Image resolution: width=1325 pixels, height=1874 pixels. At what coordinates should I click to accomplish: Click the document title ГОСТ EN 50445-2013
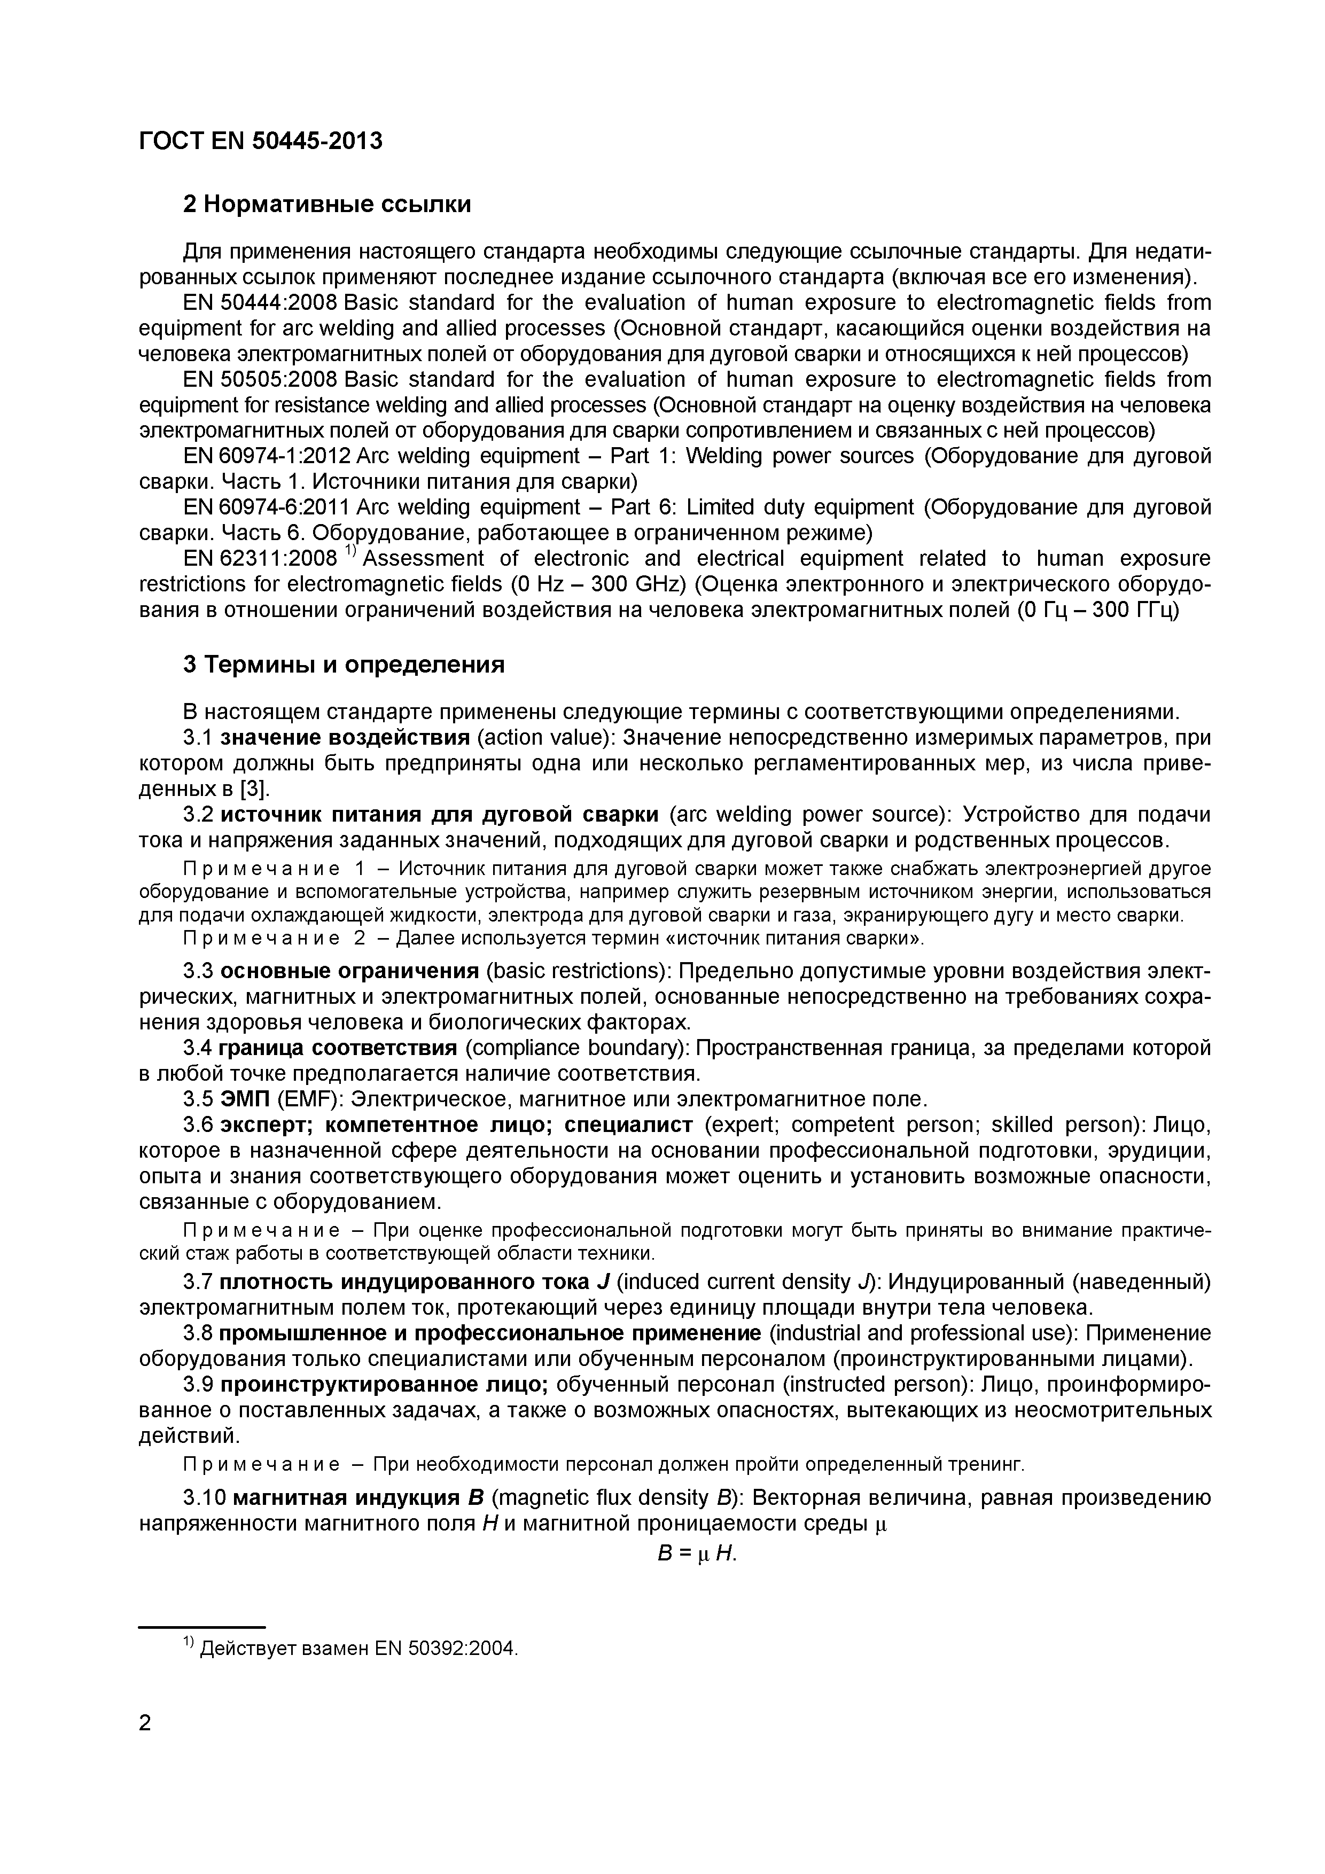point(260,141)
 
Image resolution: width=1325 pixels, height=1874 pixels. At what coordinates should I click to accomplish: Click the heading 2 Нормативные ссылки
point(326,204)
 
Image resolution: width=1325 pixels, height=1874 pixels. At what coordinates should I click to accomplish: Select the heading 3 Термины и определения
point(343,665)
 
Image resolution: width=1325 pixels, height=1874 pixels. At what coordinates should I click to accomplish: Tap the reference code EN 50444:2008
point(260,303)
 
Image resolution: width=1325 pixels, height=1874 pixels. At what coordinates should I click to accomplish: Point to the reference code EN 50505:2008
point(260,379)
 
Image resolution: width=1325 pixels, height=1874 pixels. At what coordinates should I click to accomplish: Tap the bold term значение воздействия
point(345,738)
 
